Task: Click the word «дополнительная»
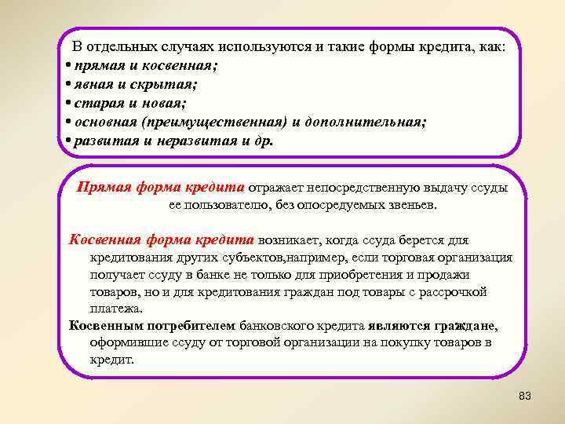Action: (x=364, y=122)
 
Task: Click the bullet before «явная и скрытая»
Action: (x=69, y=83)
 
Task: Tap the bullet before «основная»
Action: (x=69, y=122)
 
